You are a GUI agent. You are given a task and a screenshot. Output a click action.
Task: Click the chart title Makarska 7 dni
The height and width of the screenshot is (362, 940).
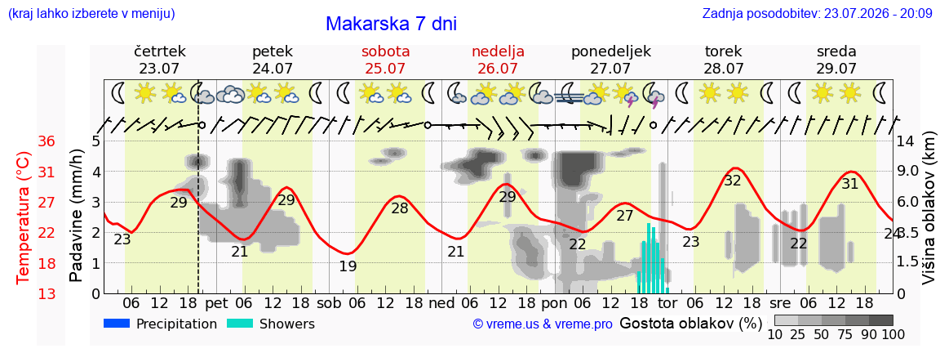(x=392, y=24)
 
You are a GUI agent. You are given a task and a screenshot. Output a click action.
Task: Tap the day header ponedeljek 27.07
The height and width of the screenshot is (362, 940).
(x=611, y=60)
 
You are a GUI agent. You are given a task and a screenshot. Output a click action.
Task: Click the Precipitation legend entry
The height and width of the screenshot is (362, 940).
(x=160, y=324)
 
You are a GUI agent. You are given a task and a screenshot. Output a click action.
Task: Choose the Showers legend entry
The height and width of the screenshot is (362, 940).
(x=271, y=324)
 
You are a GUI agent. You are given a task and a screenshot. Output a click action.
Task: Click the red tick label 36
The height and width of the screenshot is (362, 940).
(x=47, y=141)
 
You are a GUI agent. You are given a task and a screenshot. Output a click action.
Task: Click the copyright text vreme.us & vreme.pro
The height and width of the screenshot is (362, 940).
(x=543, y=324)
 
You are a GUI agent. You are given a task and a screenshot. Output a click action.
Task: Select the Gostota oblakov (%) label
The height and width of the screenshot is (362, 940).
(x=690, y=324)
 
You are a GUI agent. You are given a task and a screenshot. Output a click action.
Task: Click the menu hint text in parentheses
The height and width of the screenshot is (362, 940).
(x=91, y=13)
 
